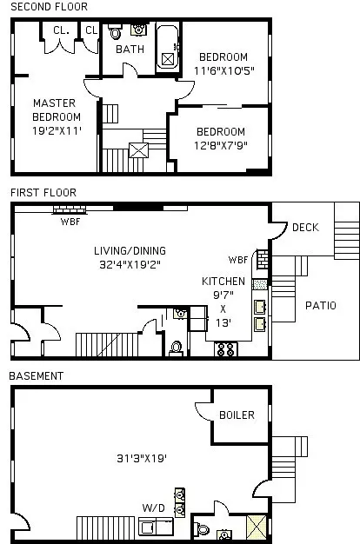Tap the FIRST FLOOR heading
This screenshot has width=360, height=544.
tap(43, 192)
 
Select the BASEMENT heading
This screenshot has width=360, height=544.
tap(36, 375)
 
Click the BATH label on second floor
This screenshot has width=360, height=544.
tap(130, 50)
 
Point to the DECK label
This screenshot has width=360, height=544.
tap(305, 228)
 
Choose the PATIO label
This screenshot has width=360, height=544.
tap(320, 306)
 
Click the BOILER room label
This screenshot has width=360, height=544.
tap(237, 415)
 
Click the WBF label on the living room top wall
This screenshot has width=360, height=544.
tap(70, 221)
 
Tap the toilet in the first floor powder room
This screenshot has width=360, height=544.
tap(177, 348)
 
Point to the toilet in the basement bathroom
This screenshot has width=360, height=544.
tap(203, 527)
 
